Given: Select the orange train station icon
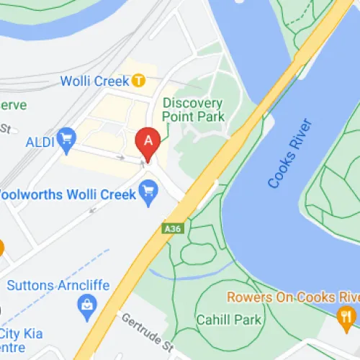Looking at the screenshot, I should point(139,81).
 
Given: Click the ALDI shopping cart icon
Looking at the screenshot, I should point(68,136).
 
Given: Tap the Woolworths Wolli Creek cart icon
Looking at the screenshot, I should point(149,192).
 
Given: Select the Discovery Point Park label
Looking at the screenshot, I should point(193,109).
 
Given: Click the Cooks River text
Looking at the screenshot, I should point(292,156).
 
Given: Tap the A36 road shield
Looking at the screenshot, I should point(171,228).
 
